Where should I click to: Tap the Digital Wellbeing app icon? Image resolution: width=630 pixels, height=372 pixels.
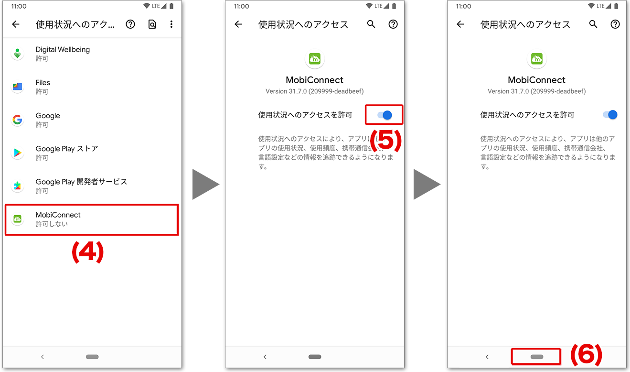coord(18,54)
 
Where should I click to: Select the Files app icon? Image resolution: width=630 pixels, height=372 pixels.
coord(18,87)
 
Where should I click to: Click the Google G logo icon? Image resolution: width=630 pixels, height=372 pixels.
coord(18,120)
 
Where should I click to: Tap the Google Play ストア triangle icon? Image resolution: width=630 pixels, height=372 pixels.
coord(18,153)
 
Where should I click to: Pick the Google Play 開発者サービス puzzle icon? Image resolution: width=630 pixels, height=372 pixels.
coord(18,186)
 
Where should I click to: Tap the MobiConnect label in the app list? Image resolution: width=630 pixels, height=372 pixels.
coord(58,215)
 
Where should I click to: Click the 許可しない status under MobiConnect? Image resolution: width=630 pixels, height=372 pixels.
coord(52,224)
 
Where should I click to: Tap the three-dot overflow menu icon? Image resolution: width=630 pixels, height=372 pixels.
coord(171,24)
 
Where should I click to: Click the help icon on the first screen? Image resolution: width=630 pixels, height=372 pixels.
coord(130,24)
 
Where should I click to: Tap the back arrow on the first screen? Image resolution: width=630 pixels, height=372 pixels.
coord(16,24)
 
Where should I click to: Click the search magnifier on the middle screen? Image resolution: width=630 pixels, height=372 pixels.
coord(371,24)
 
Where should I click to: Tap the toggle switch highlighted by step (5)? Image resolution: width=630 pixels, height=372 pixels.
coord(384,115)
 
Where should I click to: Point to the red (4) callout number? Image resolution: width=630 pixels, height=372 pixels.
coord(88,252)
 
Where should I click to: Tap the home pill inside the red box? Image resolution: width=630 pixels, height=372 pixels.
coord(537,357)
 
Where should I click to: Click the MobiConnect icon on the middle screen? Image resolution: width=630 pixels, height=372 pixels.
coord(315,59)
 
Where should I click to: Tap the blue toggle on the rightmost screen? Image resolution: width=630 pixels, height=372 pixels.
coord(610,115)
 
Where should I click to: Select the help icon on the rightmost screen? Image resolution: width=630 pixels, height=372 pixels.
coord(615,24)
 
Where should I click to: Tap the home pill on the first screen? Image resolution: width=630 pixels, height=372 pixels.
coord(92,357)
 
